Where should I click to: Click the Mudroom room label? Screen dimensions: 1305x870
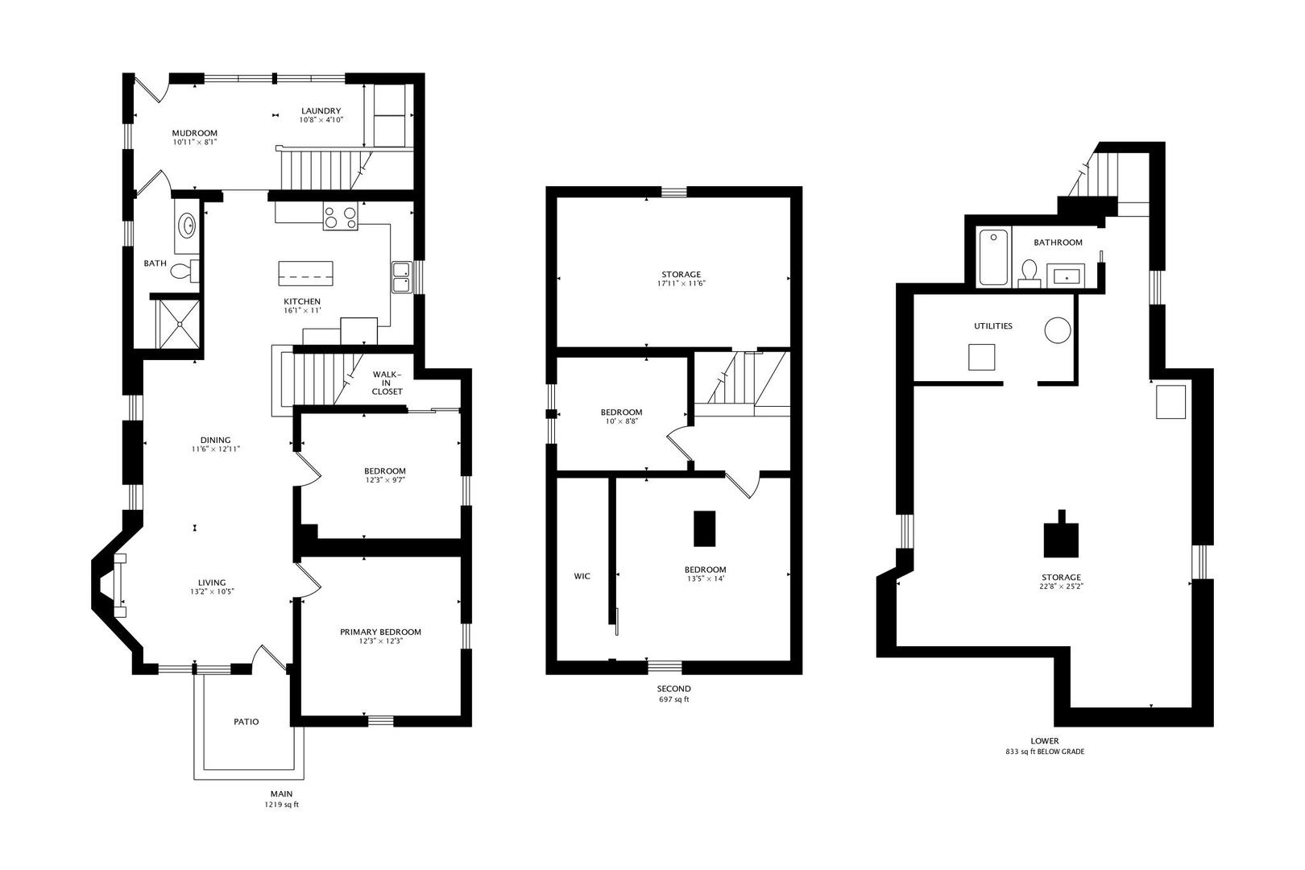pyautogui.click(x=195, y=134)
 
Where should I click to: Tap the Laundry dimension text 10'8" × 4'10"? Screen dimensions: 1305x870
pyautogui.click(x=321, y=120)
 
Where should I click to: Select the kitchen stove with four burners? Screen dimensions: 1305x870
pyautogui.click(x=341, y=218)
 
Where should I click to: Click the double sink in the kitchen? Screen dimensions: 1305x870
pyautogui.click(x=401, y=277)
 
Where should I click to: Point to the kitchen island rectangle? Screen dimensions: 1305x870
pyautogui.click(x=306, y=273)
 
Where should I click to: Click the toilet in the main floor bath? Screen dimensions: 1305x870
pyautogui.click(x=186, y=271)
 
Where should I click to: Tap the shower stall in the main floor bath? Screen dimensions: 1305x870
pyautogui.click(x=179, y=324)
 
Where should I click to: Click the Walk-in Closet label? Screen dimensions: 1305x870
pyautogui.click(x=387, y=383)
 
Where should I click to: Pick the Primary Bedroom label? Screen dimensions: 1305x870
pyautogui.click(x=380, y=632)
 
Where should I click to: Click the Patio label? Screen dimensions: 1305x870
pyautogui.click(x=246, y=722)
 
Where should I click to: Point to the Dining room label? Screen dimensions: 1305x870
pyautogui.click(x=216, y=440)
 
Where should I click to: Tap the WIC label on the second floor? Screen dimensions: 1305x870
pyautogui.click(x=582, y=576)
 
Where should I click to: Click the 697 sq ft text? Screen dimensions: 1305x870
pyautogui.click(x=674, y=700)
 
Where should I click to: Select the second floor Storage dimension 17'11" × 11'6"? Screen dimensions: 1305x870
pyautogui.click(x=681, y=284)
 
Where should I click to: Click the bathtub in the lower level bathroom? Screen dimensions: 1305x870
pyautogui.click(x=994, y=258)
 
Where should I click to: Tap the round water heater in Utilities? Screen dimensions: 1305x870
pyautogui.click(x=1058, y=330)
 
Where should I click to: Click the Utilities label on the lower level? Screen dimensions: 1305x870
pyautogui.click(x=993, y=326)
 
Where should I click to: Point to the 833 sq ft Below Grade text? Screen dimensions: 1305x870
pyautogui.click(x=1045, y=752)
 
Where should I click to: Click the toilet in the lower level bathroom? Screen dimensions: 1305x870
pyautogui.click(x=1030, y=273)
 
